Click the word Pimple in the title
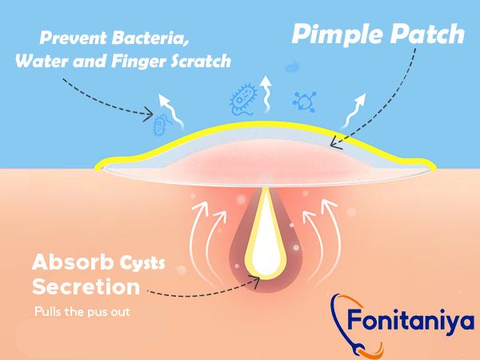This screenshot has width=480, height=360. [x=338, y=34]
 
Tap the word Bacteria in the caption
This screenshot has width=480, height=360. [x=150, y=38]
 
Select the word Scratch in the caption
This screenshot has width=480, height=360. [x=201, y=61]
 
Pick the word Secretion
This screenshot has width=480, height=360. [x=86, y=287]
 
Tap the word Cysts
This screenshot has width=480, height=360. [x=142, y=263]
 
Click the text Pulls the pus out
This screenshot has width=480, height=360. [x=82, y=312]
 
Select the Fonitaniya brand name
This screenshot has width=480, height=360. [x=410, y=320]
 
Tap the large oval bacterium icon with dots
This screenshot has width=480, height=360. [x=243, y=99]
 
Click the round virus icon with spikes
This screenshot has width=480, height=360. [x=304, y=102]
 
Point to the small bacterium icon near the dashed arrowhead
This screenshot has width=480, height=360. [x=161, y=125]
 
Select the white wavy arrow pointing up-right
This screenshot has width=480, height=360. [x=354, y=110]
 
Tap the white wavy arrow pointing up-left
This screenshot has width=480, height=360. [x=171, y=111]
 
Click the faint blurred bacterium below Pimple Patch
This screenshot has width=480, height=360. [x=293, y=66]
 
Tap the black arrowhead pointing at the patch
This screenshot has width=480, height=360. [x=335, y=144]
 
